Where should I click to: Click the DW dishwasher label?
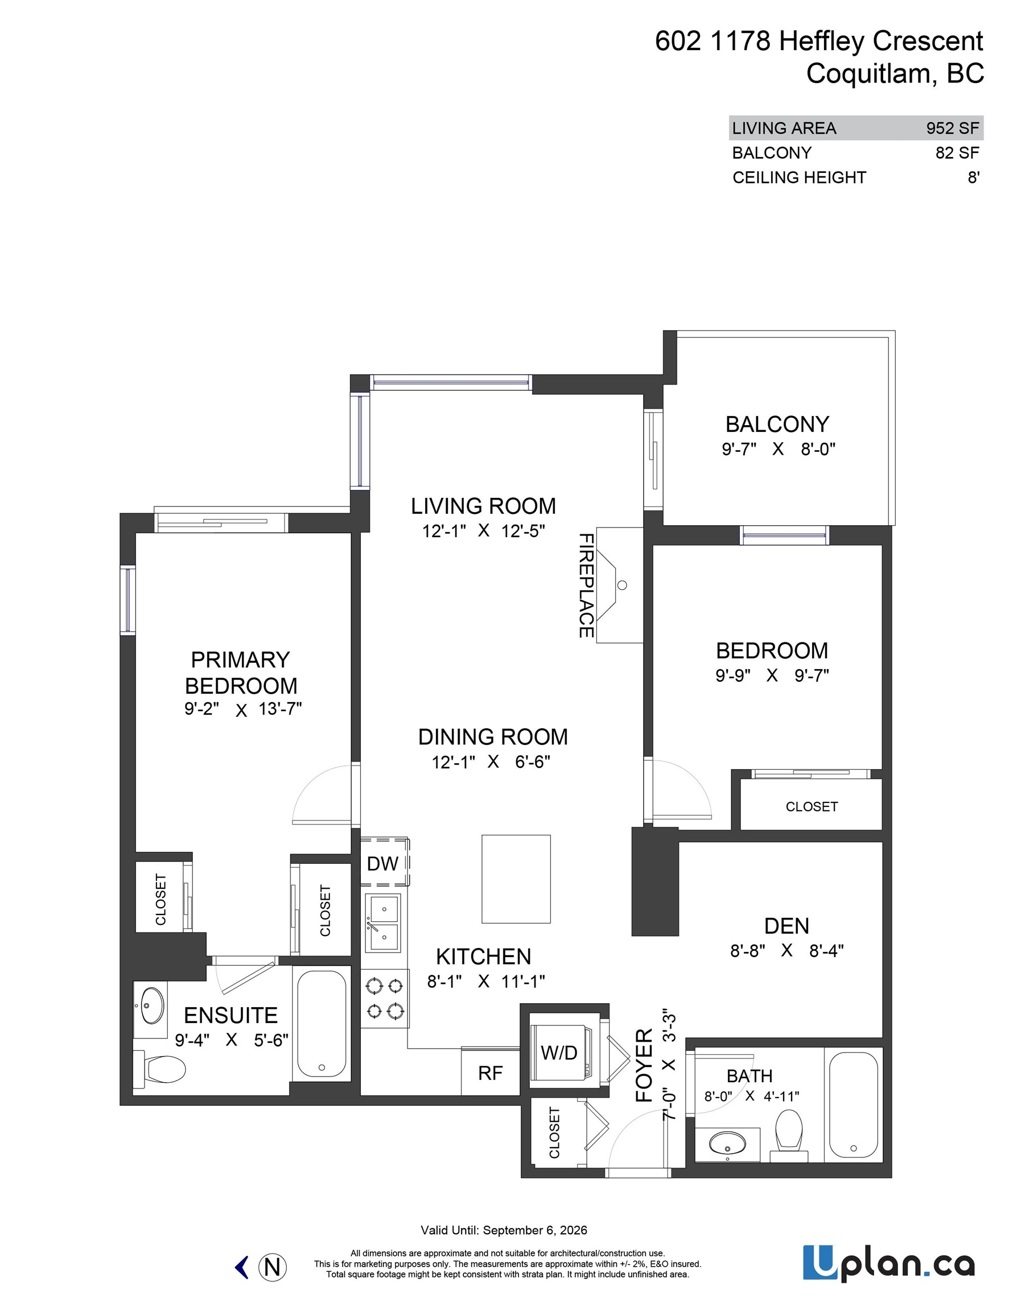[x=382, y=864]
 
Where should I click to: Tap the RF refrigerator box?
[x=490, y=1073]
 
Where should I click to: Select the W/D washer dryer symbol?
[x=559, y=1052]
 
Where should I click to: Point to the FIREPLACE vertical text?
[x=586, y=586]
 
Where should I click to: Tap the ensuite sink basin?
[x=151, y=1005]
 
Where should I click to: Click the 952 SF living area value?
[x=952, y=128]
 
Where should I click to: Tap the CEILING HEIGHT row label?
[x=798, y=178]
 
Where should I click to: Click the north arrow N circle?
[x=272, y=1267]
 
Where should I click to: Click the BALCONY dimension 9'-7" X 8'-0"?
[x=778, y=449]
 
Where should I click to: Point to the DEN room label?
[x=786, y=926]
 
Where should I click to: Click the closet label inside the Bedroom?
[x=811, y=807]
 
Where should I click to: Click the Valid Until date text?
[x=504, y=1230]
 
